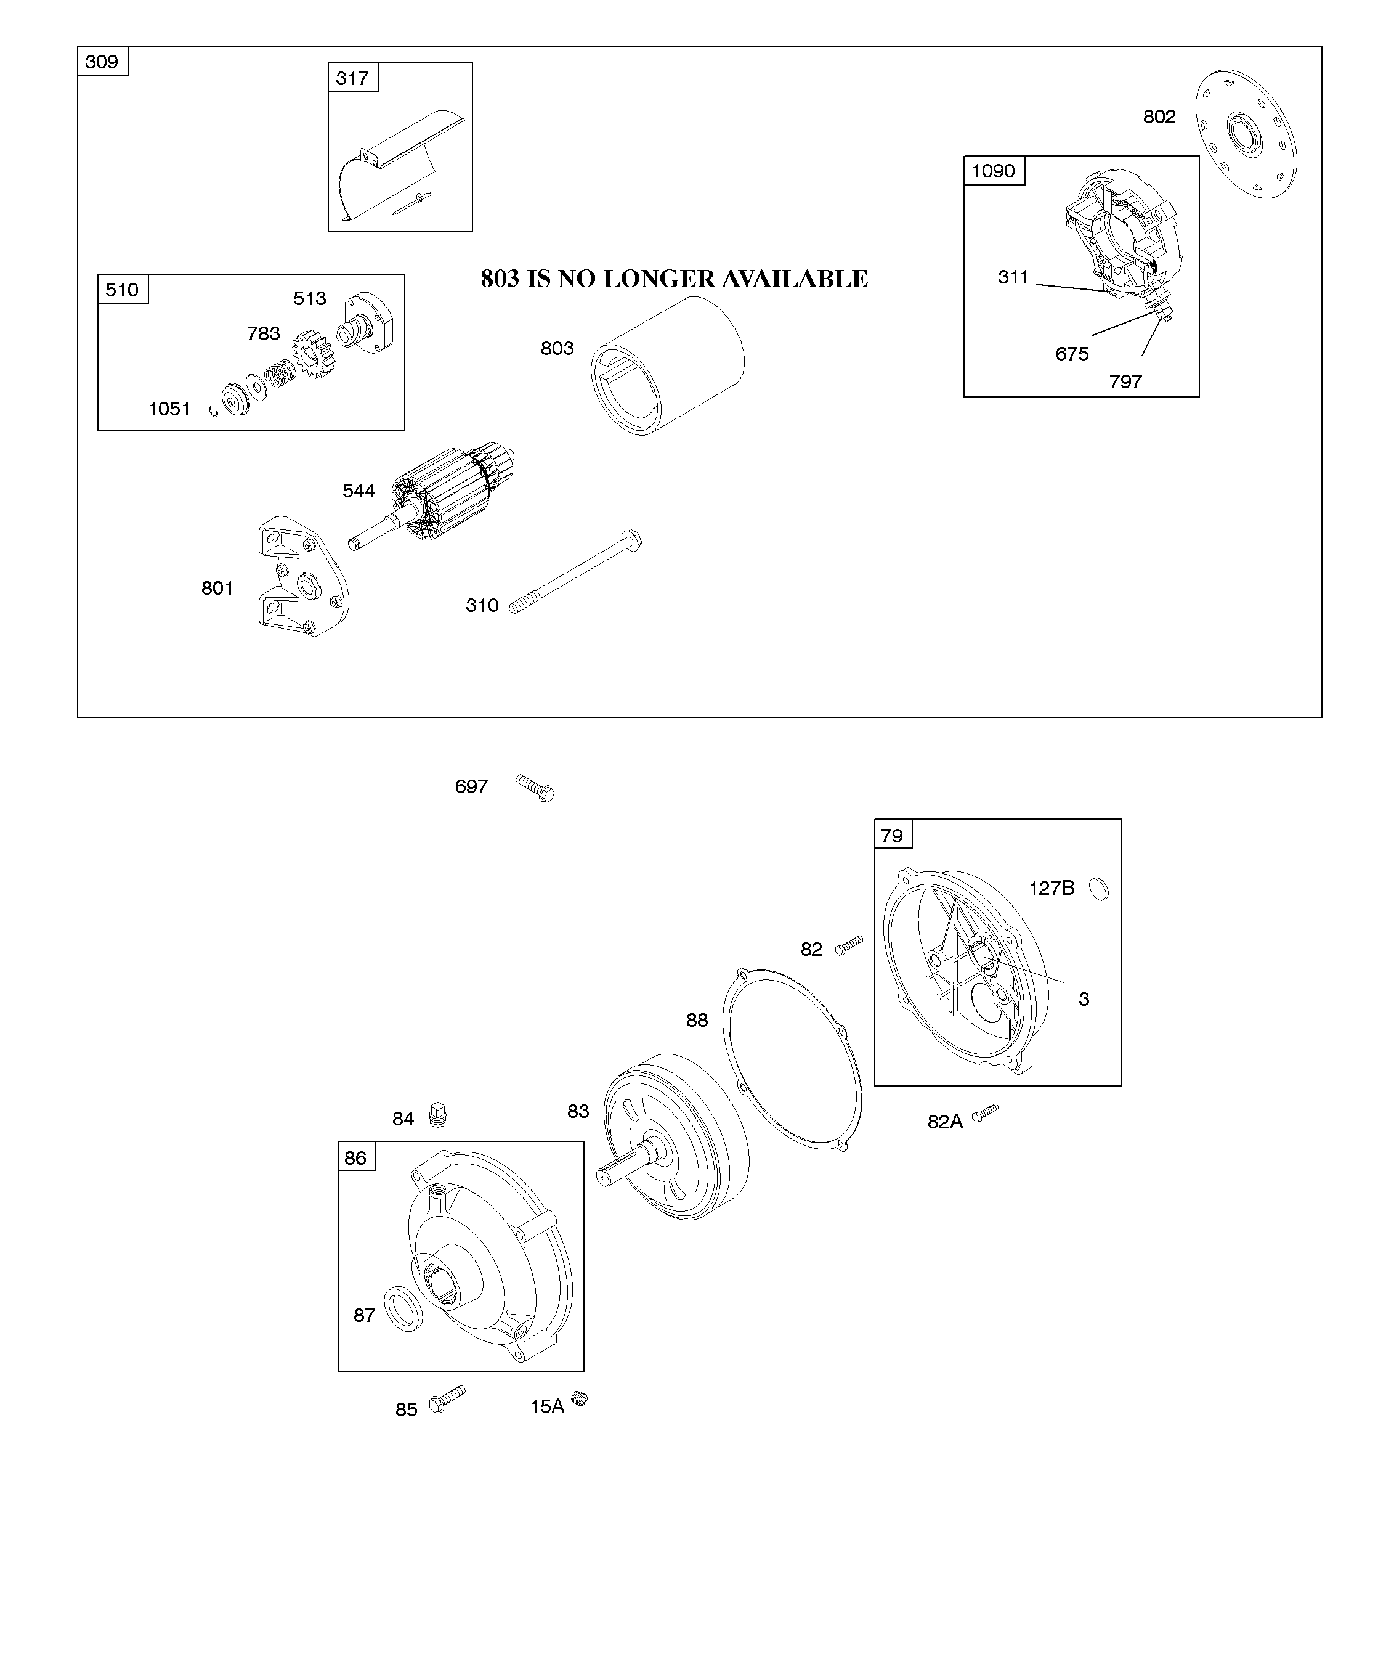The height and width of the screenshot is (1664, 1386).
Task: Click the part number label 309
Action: [102, 62]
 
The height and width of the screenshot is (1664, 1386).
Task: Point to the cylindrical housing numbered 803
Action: [668, 366]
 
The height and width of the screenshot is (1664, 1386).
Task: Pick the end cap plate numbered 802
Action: [1246, 134]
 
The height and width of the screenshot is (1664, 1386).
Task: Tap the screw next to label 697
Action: [535, 788]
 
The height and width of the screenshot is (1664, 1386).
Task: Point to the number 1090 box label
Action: [993, 171]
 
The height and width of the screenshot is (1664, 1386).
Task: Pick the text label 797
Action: [1125, 382]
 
